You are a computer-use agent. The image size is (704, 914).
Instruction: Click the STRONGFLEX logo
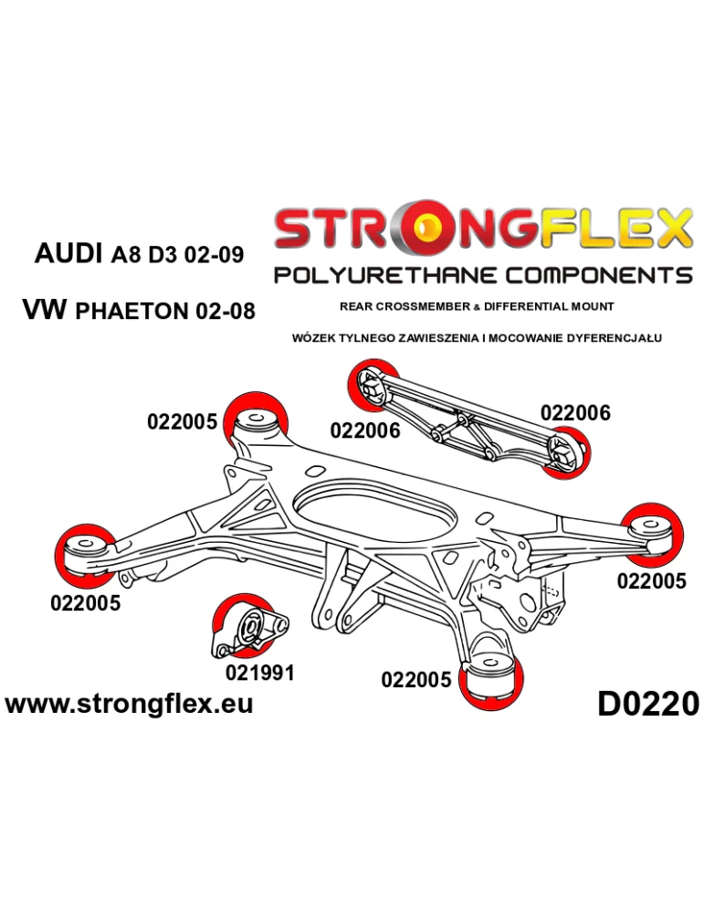pyautogui.click(x=482, y=230)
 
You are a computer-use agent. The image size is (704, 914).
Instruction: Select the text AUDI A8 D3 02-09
pyautogui.click(x=139, y=253)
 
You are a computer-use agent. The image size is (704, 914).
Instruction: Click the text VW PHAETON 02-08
pyautogui.click(x=138, y=310)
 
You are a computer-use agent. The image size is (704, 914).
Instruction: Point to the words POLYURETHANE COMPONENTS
pyautogui.click(x=482, y=275)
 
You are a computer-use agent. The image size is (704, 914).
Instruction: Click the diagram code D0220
pyautogui.click(x=647, y=704)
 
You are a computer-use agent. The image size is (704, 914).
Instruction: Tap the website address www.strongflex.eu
pyautogui.click(x=129, y=703)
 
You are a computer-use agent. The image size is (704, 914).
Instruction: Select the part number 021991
pyautogui.click(x=259, y=674)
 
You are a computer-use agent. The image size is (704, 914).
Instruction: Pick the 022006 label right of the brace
pyautogui.click(x=575, y=413)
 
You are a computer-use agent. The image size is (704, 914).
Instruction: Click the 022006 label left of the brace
pyautogui.click(x=364, y=430)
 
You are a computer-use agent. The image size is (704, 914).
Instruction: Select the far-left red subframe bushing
pyautogui.click(x=85, y=552)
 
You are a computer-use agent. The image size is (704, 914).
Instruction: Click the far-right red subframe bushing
pyautogui.click(x=654, y=529)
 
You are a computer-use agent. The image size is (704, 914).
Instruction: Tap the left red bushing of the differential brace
pyautogui.click(x=370, y=387)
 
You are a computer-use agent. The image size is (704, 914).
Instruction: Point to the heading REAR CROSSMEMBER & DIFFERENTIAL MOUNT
pyautogui.click(x=477, y=306)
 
